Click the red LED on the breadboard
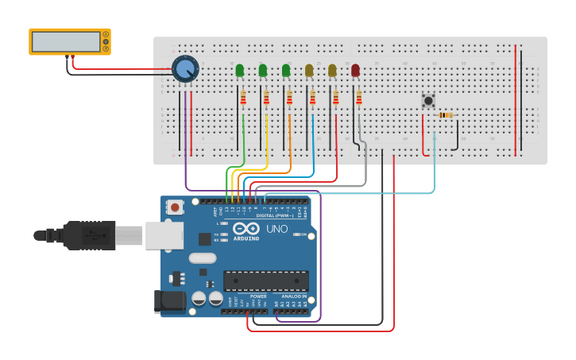355,71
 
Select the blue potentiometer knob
185,68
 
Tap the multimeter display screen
67,41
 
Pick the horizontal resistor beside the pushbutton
446,115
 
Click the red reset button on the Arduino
175,207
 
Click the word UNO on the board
276,229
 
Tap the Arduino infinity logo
245,229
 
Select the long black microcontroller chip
266,281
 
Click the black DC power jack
168,301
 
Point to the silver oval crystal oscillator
203,257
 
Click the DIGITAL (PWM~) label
273,215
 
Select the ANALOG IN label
293,296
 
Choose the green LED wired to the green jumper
240,71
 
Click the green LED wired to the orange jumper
286,71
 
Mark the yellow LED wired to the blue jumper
309,71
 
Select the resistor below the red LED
359,98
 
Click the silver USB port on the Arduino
164,235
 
